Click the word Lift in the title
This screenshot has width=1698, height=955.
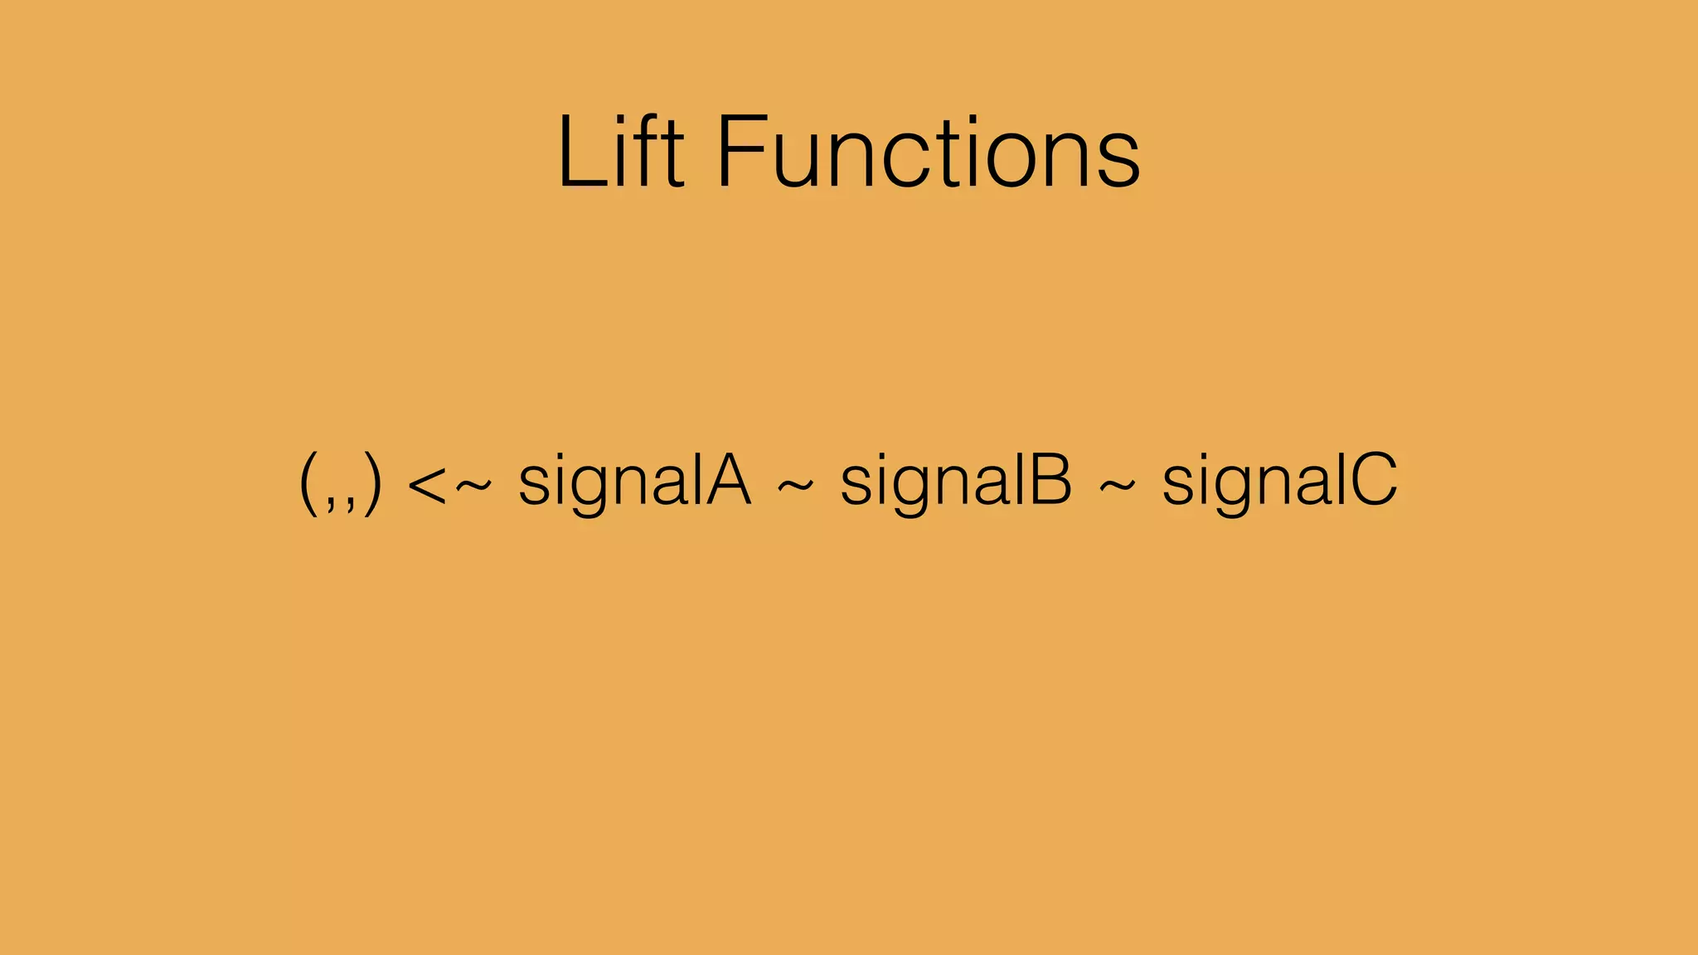click(x=620, y=153)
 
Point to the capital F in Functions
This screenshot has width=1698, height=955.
click(x=738, y=153)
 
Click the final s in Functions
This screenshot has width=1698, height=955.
click(x=1120, y=162)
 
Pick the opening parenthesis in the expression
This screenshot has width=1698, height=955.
click(x=308, y=482)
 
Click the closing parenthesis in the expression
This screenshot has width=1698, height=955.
click(x=372, y=482)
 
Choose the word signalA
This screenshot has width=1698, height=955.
click(x=634, y=482)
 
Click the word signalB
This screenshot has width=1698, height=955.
click(x=956, y=482)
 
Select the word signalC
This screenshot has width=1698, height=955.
click(x=1279, y=482)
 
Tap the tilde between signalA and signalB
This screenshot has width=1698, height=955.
click(x=795, y=487)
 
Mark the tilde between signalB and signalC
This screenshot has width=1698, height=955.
click(x=1117, y=487)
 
